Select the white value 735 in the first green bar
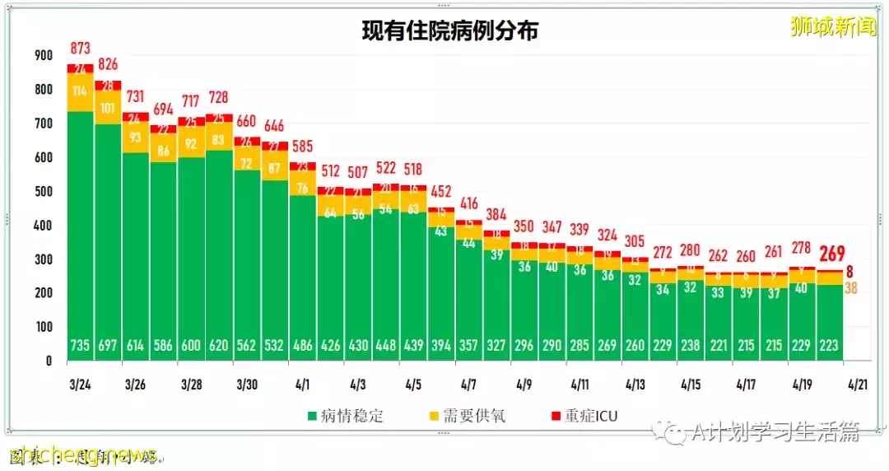click(80, 346)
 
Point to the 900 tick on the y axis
click(44, 56)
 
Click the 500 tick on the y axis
click(44, 192)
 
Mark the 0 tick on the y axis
click(49, 361)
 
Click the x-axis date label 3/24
click(80, 385)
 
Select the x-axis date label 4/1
click(302, 385)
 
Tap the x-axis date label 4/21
click(856, 385)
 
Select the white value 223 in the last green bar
click(829, 346)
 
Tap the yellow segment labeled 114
click(80, 91)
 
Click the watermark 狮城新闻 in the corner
click(833, 27)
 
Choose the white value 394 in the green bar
click(440, 346)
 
